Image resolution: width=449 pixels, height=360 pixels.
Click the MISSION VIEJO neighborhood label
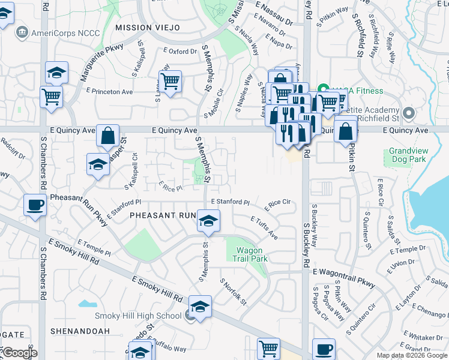(x=148, y=28)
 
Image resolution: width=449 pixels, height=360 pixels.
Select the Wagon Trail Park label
(x=250, y=254)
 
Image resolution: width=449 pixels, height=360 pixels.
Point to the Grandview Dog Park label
(x=407, y=155)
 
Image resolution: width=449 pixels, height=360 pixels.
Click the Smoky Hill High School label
(x=138, y=316)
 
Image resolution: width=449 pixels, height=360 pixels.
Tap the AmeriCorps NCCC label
(x=58, y=32)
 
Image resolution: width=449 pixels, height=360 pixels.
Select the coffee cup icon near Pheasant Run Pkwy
(x=35, y=205)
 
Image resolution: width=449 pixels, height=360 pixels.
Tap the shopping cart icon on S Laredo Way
(x=170, y=81)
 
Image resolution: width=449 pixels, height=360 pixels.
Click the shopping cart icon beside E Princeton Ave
(x=52, y=96)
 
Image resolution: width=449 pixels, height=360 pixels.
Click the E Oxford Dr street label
(x=180, y=52)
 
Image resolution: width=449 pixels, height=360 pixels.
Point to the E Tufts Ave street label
(x=264, y=228)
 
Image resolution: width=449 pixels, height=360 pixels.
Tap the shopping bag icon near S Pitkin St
(x=346, y=131)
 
